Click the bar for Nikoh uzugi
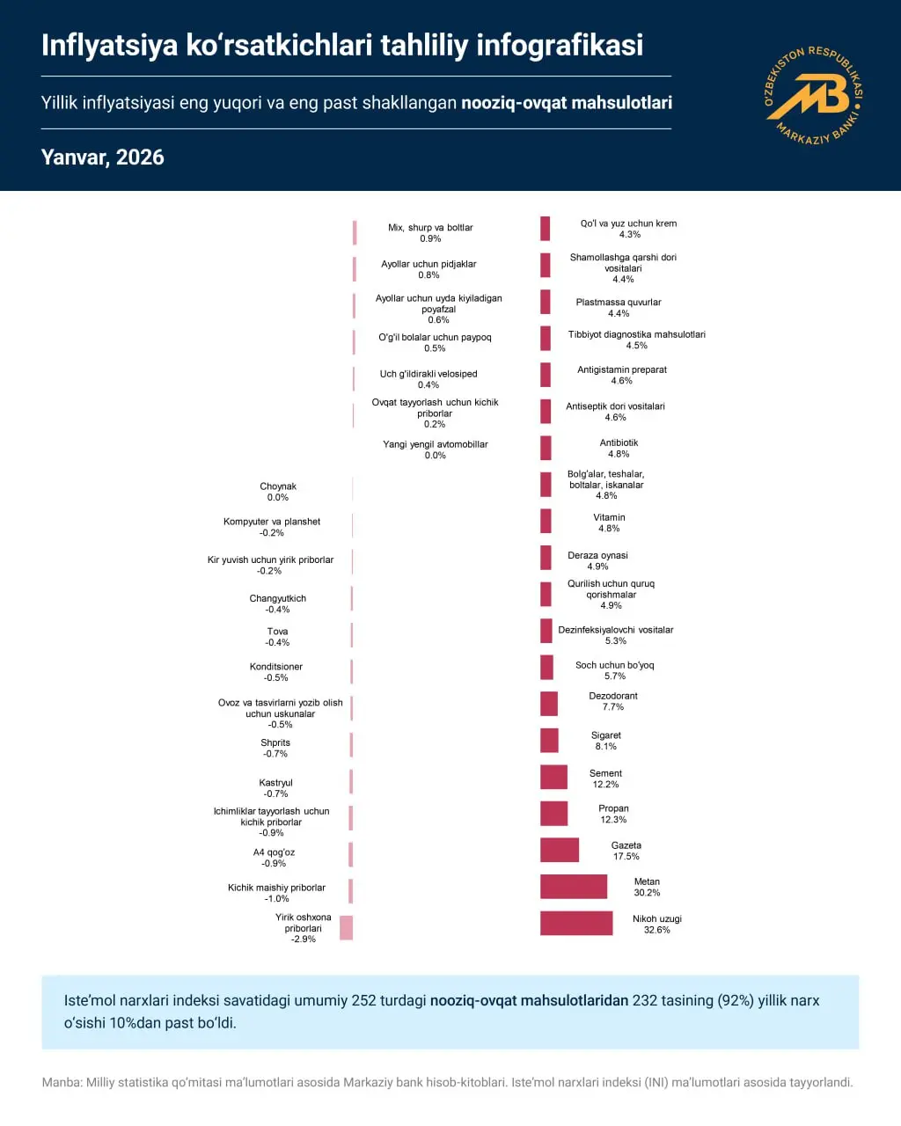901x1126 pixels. coord(576,923)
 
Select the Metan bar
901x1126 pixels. coord(574,887)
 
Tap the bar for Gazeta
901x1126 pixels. coord(560,850)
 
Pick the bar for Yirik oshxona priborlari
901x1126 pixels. coord(347,927)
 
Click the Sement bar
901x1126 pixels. coord(553,777)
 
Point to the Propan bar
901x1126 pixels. coord(553,814)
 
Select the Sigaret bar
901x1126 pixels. coord(549,741)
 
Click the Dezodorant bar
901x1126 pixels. coord(549,704)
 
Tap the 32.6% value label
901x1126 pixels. coord(656,930)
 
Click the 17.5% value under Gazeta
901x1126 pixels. coord(626,857)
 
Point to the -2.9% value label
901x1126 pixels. coord(303,940)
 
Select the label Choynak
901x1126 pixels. coord(278,486)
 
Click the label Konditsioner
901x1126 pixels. coord(276,667)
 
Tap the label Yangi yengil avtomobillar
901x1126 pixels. coord(435,444)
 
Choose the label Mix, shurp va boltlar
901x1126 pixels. coord(430,228)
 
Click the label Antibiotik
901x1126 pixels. coord(619,442)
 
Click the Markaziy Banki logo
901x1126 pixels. coord(813,95)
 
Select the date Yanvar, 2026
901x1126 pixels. coord(103,157)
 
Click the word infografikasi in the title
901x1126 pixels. coord(560,45)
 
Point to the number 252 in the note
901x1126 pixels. coord(363,1000)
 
